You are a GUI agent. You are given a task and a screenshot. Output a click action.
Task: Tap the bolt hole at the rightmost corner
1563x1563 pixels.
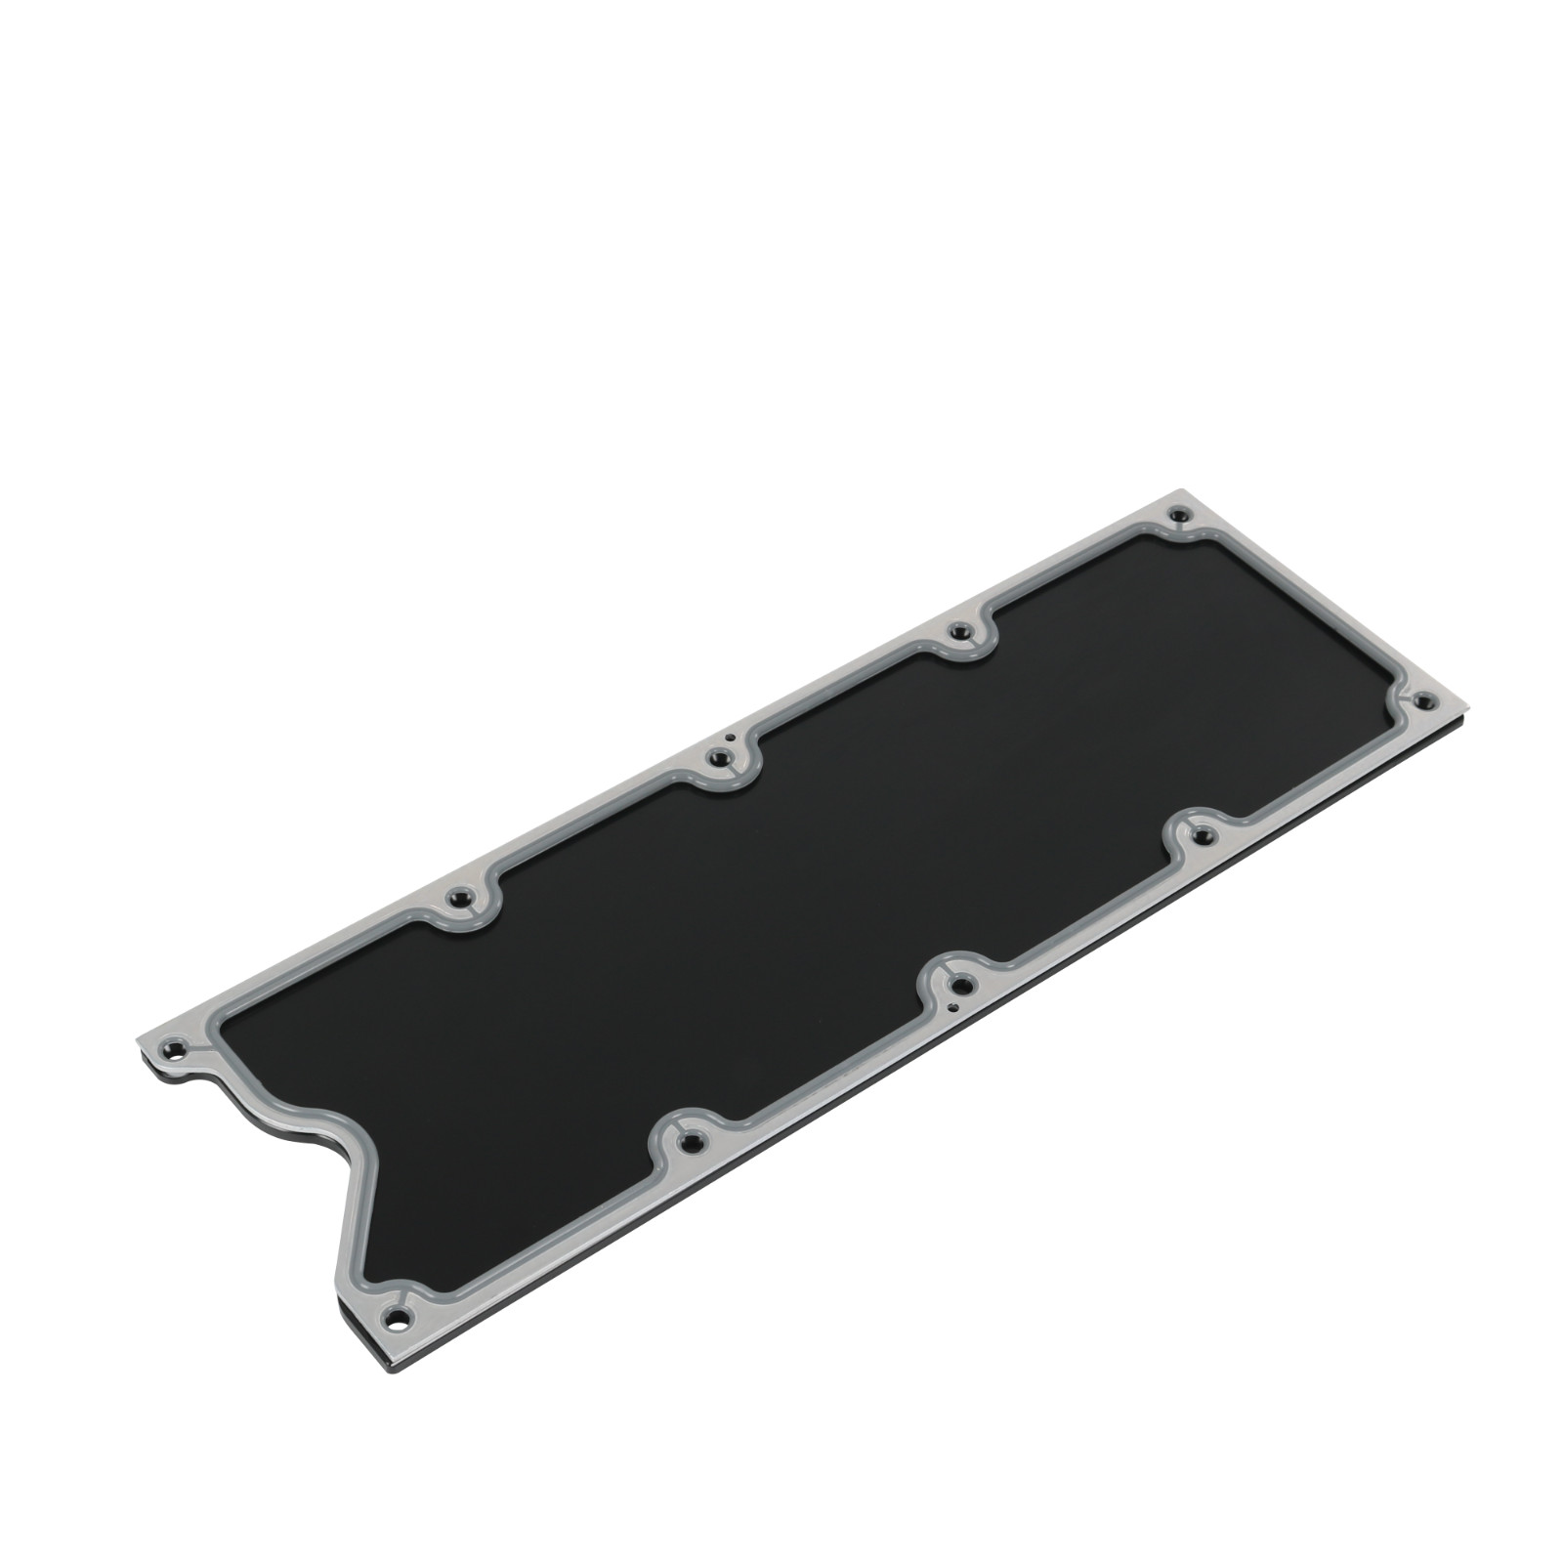coord(1423,699)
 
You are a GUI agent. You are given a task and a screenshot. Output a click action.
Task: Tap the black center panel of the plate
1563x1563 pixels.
coord(781,928)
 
